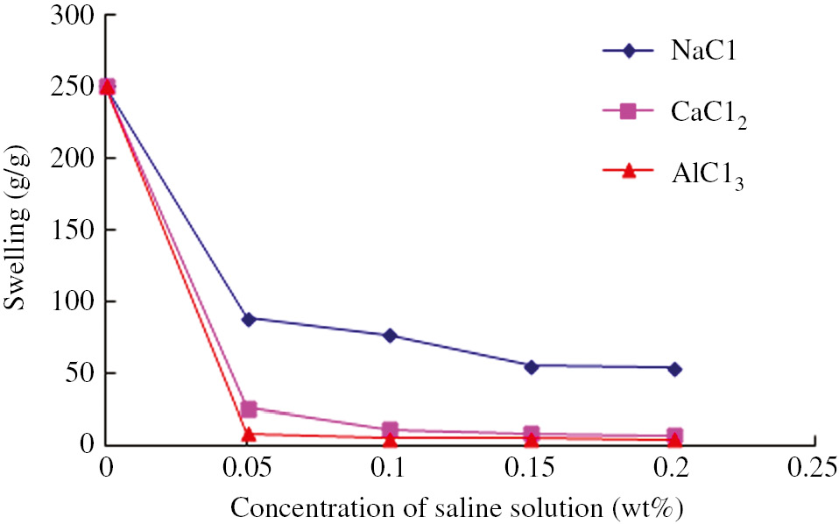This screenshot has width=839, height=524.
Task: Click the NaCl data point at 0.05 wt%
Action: [x=249, y=319]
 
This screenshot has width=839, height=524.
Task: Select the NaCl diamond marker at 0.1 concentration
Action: [x=390, y=336]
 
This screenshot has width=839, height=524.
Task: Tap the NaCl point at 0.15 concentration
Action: [x=532, y=366]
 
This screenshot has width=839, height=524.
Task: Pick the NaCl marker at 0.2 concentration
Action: [x=673, y=369]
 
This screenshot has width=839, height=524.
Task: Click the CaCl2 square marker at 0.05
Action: [x=249, y=408]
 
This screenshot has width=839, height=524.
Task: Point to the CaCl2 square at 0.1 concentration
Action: [x=390, y=429]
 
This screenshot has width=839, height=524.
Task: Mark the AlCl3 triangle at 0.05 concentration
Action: [x=249, y=433]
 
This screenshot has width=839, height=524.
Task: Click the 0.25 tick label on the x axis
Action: [x=815, y=466]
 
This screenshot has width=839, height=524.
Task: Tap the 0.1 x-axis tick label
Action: [x=390, y=466]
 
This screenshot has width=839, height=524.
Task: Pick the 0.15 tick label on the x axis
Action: [x=532, y=466]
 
